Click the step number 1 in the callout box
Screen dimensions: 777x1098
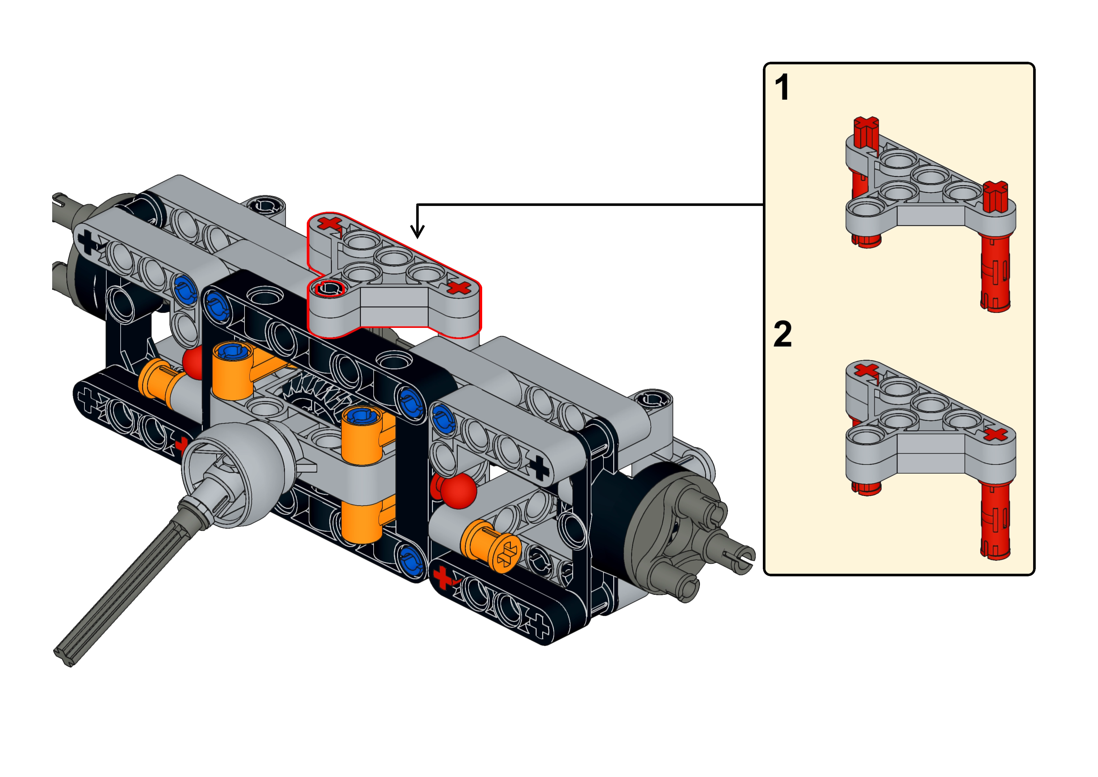click(x=782, y=88)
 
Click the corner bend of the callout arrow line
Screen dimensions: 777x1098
click(x=418, y=205)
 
